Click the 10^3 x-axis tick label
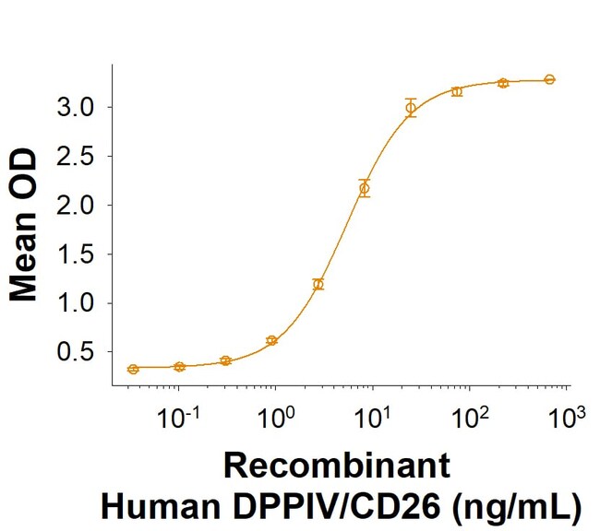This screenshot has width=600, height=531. click(567, 419)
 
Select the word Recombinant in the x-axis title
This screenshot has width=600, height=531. click(339, 466)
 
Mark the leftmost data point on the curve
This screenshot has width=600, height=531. click(133, 369)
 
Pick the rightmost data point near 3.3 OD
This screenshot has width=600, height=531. click(549, 79)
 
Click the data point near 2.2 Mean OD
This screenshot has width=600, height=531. click(364, 188)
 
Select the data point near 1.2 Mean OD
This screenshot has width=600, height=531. click(318, 284)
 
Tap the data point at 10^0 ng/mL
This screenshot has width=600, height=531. click(272, 340)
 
